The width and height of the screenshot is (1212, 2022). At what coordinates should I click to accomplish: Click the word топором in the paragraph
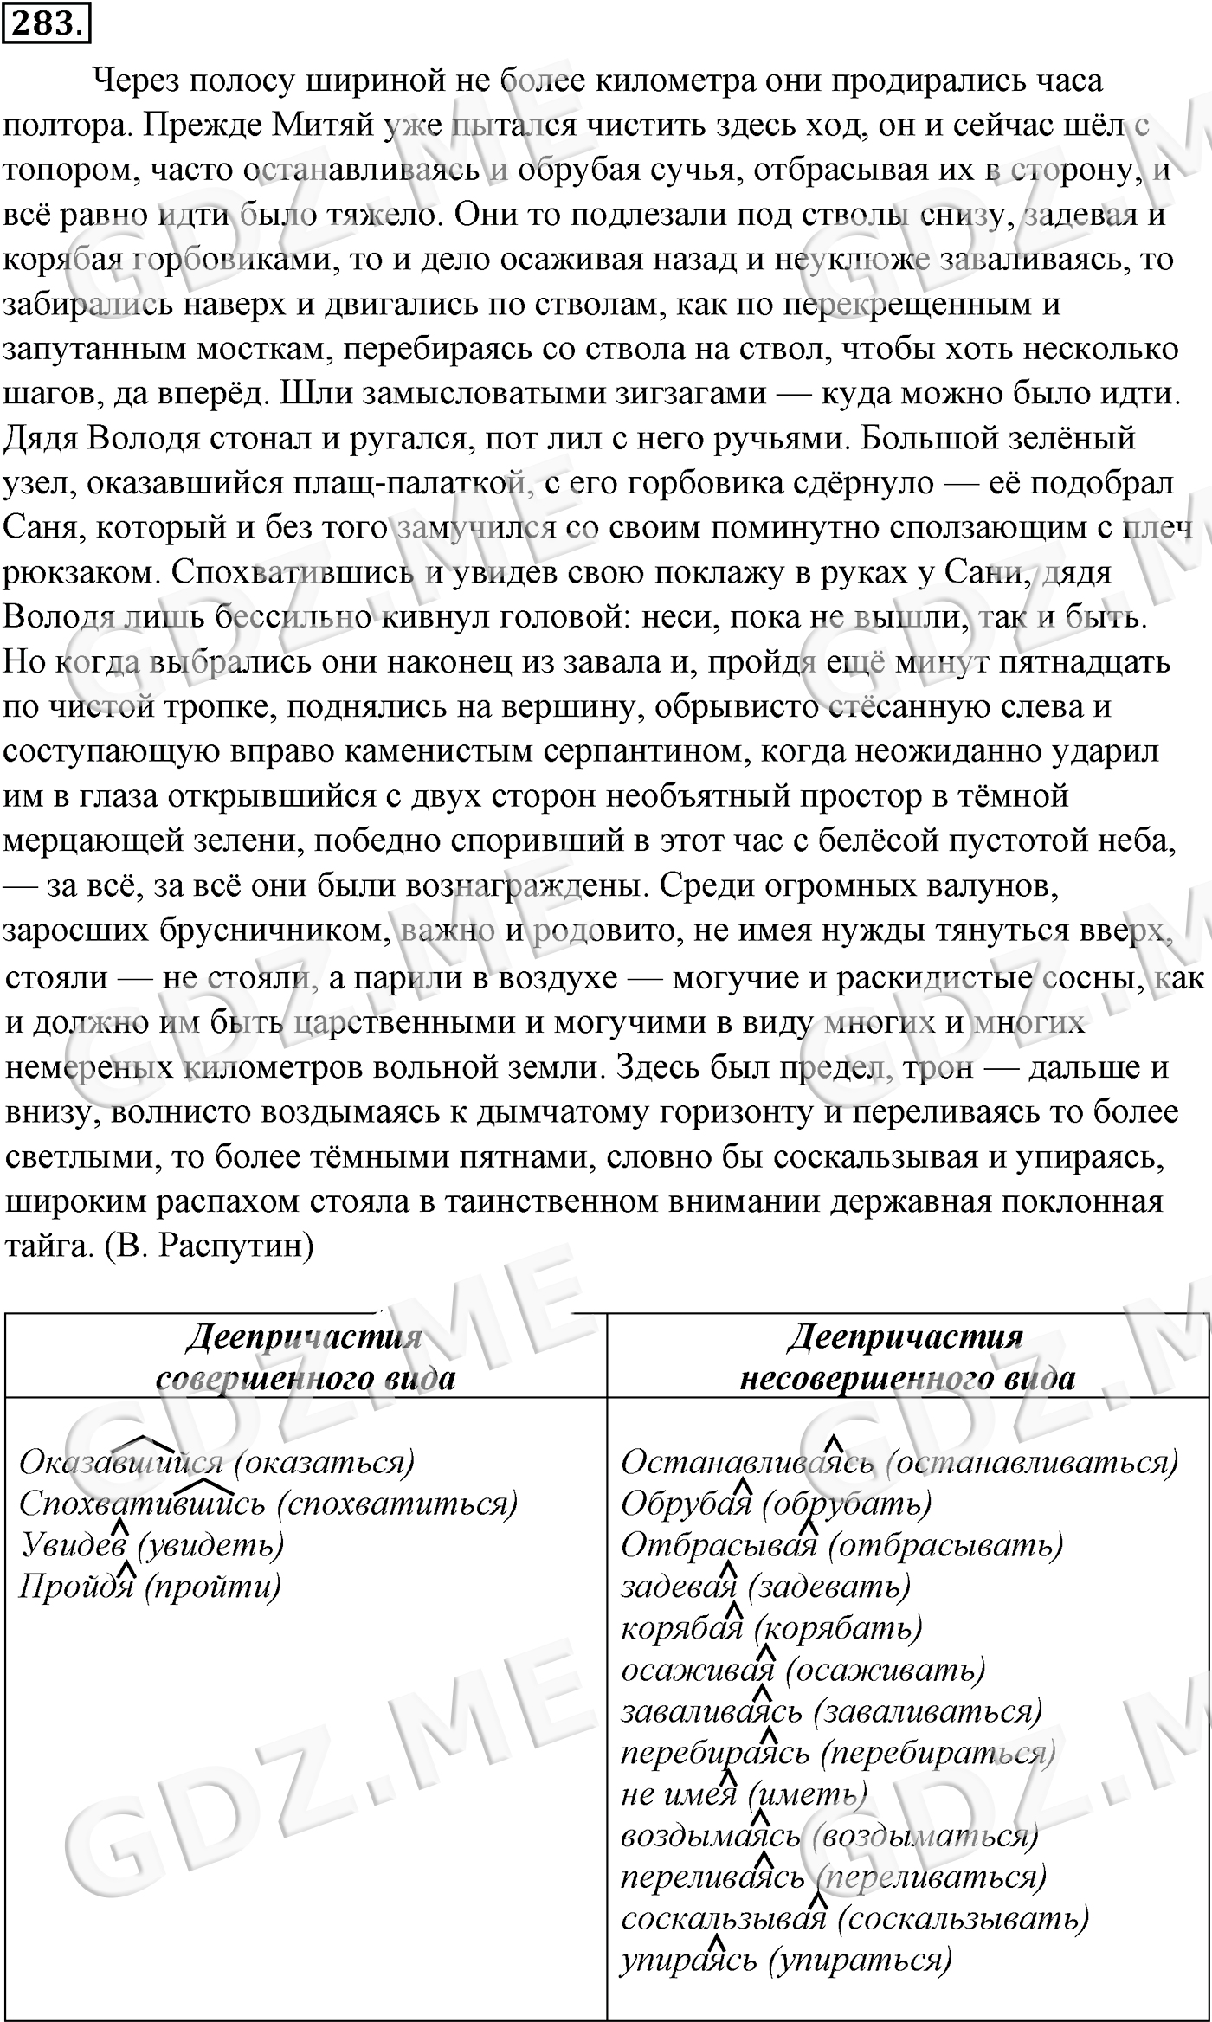click(68, 171)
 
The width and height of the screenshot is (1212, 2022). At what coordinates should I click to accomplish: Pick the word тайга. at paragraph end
click(44, 1246)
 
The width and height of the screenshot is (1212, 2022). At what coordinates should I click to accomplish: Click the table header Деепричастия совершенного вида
click(305, 1356)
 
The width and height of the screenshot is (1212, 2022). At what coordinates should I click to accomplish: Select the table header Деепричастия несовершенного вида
click(906, 1356)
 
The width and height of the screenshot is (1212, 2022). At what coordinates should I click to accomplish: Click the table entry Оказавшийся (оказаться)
click(216, 1462)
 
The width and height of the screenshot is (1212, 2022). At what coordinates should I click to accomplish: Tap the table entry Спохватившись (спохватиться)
click(268, 1504)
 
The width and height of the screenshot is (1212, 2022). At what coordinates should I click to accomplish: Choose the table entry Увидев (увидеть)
click(151, 1545)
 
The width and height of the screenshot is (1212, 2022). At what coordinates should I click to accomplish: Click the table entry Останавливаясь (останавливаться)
click(899, 1462)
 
